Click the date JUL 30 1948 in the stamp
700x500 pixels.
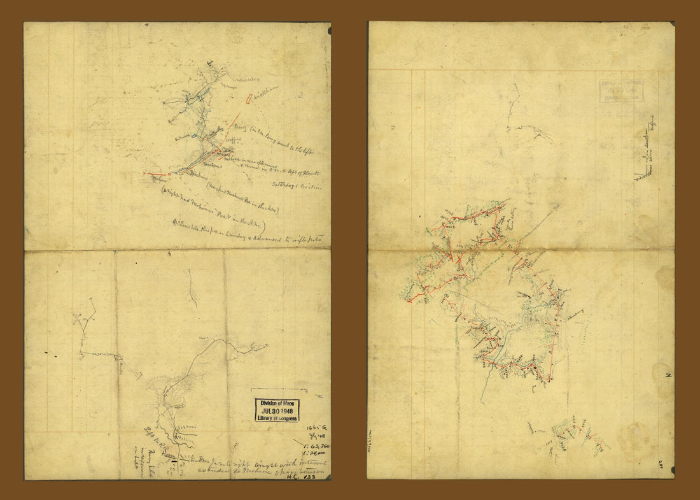[x=276, y=410]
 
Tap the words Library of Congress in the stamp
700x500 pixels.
[x=276, y=418]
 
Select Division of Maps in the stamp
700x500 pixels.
[x=276, y=402]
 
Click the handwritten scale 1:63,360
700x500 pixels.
[x=311, y=446]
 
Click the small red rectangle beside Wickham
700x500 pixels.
[x=248, y=99]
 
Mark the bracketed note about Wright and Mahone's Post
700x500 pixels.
[x=216, y=208]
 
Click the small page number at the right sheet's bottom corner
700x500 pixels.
[x=662, y=464]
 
